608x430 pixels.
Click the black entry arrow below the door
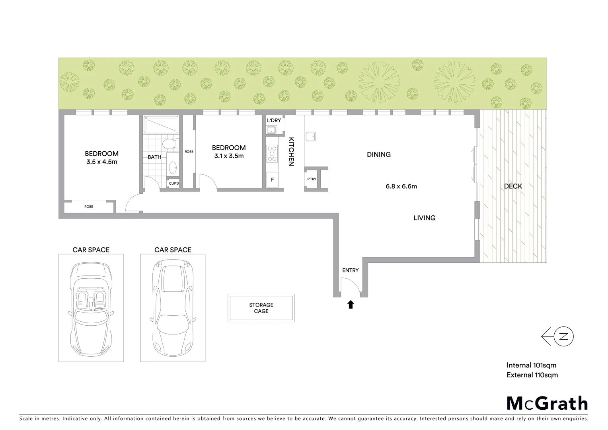[x=351, y=305]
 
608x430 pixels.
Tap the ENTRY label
[x=350, y=270]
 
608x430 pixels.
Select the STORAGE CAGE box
[x=261, y=308]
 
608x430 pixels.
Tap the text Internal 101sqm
[x=531, y=365]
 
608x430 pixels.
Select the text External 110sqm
[x=532, y=375]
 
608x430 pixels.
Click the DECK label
[x=513, y=186]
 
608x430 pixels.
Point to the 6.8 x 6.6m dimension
[x=401, y=186]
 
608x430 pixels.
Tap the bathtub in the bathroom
[x=161, y=125]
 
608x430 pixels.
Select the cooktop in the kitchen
[x=273, y=154]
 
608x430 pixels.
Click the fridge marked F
[x=273, y=180]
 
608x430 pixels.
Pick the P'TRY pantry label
[x=312, y=179]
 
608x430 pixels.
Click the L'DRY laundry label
[x=274, y=120]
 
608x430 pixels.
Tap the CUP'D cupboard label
[x=174, y=183]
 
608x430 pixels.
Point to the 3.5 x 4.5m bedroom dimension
[x=101, y=162]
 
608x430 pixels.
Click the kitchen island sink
[x=311, y=136]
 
